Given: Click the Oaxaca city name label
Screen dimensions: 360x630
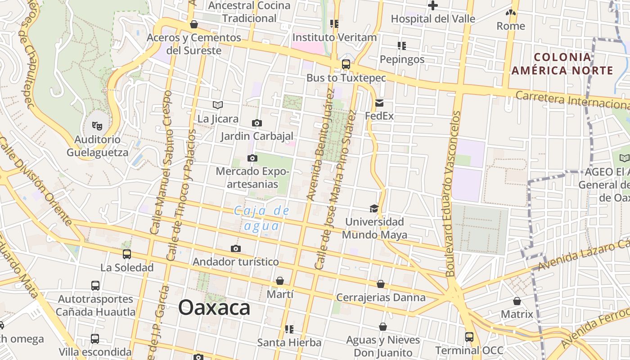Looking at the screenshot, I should click(x=214, y=308).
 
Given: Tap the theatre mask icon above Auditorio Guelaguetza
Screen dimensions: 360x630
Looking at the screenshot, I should click(x=97, y=126).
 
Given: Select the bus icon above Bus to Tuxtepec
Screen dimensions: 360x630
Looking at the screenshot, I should click(x=346, y=64).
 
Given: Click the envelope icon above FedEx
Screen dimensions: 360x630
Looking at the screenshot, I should click(x=379, y=103).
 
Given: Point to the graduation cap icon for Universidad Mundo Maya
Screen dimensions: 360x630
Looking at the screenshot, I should click(x=374, y=208).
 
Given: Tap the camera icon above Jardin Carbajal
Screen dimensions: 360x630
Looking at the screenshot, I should click(x=256, y=123).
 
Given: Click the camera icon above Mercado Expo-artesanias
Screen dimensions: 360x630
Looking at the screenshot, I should click(x=252, y=158).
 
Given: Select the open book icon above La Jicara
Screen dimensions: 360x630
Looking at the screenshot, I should click(x=218, y=105).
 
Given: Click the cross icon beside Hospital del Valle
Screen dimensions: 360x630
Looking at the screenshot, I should click(x=433, y=5).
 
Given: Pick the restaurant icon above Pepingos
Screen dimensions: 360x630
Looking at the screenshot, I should click(x=402, y=45).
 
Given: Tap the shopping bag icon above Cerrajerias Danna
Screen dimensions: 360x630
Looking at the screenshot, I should click(x=381, y=284).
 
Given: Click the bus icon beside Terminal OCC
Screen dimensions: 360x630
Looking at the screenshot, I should click(x=469, y=337).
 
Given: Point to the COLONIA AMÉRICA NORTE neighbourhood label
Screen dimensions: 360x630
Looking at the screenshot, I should click(x=562, y=64).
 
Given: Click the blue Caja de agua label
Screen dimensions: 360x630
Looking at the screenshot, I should click(x=262, y=218).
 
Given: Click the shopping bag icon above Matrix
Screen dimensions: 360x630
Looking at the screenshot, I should click(x=517, y=301).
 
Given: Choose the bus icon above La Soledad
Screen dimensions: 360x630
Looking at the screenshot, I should click(x=127, y=254).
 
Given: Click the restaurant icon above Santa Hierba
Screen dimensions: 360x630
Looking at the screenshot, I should click(x=289, y=329).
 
